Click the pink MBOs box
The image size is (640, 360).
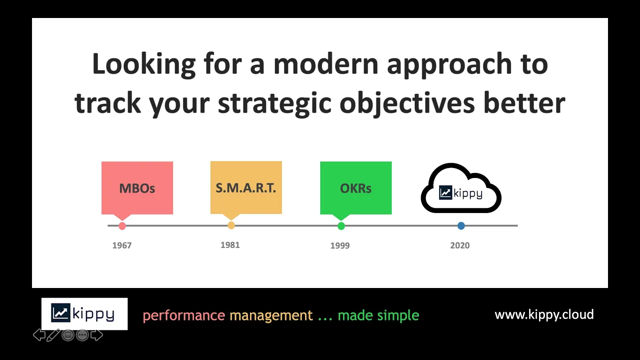click(x=137, y=188)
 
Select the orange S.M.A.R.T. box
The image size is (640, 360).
click(x=246, y=187)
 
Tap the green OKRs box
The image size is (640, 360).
click(x=355, y=188)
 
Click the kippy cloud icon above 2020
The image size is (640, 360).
click(x=461, y=188)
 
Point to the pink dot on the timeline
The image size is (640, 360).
click(x=122, y=225)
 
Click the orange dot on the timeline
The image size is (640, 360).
click(x=231, y=225)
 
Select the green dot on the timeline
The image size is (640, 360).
click(x=341, y=225)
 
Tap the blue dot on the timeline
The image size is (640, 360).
click(x=461, y=225)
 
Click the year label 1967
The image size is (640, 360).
click(x=122, y=245)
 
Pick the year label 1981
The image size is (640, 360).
click(x=230, y=245)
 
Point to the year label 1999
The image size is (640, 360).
click(x=340, y=245)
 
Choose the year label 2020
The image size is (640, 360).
click(x=459, y=245)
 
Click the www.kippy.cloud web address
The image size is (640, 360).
click(x=544, y=314)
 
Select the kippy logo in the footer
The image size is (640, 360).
click(x=84, y=313)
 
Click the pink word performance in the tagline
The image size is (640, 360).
click(x=184, y=316)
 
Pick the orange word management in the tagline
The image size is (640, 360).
click(x=271, y=316)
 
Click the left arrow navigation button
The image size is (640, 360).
click(x=39, y=335)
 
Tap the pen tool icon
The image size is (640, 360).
click(x=53, y=335)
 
